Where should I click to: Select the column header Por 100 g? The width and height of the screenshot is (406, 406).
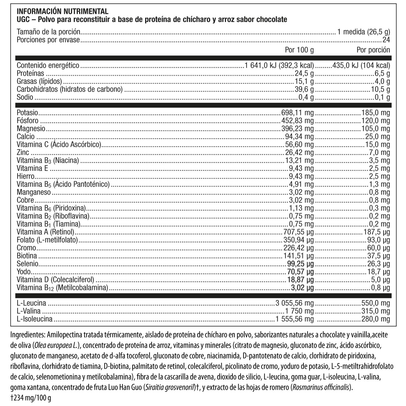(x=299, y=50)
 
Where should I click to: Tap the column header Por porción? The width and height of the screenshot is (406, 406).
(x=373, y=50)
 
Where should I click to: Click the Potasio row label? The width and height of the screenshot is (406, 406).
(x=27, y=113)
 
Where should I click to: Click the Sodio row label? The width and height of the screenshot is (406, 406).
(x=25, y=97)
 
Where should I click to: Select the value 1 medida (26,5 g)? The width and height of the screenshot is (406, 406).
(x=364, y=32)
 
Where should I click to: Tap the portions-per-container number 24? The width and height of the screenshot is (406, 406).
(x=386, y=40)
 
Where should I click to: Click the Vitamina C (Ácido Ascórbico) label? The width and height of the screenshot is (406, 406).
(x=59, y=144)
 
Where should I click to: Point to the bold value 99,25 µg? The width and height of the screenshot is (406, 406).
(x=301, y=264)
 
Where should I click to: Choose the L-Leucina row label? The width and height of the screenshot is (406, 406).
(x=31, y=303)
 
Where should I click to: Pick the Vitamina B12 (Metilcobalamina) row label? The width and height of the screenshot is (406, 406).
(x=62, y=288)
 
